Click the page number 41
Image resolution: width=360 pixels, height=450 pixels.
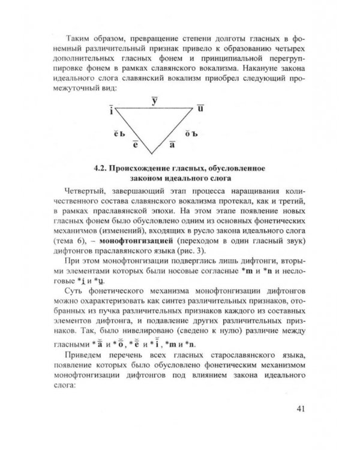pos(301,410)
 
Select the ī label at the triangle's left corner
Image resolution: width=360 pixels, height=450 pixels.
pos(111,110)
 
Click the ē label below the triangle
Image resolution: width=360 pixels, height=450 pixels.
pos(136,145)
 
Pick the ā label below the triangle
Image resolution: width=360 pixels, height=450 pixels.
pos(172,145)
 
